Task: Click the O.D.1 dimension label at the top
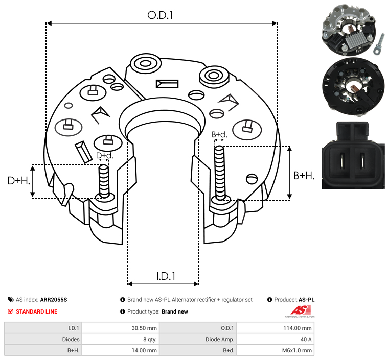tap(161, 15)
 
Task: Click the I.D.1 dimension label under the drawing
tap(166, 276)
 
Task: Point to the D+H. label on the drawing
tap(18, 181)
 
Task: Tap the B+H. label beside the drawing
tap(304, 175)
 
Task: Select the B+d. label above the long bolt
tap(219, 134)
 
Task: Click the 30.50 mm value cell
tap(121, 328)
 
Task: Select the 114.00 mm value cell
tap(276, 328)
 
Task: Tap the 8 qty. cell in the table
tap(121, 339)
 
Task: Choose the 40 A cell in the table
tap(276, 339)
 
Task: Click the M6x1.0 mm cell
tap(276, 350)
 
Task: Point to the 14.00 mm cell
tap(121, 350)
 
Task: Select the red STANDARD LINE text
tap(36, 311)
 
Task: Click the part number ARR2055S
tap(53, 300)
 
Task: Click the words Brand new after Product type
tap(175, 311)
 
